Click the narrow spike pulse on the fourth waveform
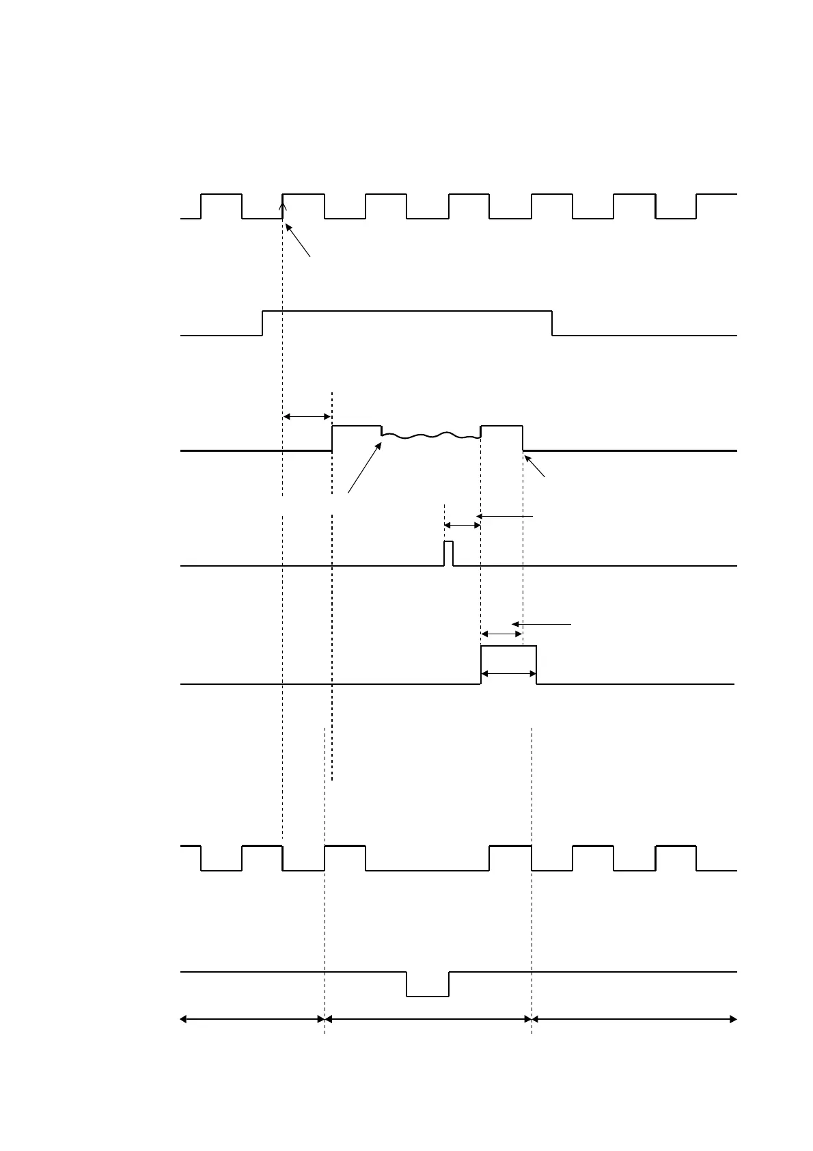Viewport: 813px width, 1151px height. click(x=448, y=553)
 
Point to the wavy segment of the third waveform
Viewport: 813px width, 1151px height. click(x=430, y=435)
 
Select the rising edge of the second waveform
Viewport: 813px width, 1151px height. click(x=263, y=323)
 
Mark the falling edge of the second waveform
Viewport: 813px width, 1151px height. click(x=552, y=323)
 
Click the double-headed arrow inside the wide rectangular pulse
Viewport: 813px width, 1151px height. click(x=508, y=674)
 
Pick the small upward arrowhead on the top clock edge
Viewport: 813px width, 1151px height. click(x=283, y=200)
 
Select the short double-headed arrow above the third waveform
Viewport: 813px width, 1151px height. click(x=307, y=416)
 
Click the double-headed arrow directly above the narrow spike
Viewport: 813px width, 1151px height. click(x=463, y=525)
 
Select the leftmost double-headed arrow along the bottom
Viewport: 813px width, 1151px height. click(x=252, y=1019)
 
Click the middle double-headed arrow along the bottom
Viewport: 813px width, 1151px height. click(x=428, y=1019)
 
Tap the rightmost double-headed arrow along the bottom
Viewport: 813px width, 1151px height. click(x=634, y=1019)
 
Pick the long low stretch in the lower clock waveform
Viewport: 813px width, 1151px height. click(x=427, y=870)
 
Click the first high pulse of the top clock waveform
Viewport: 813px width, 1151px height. click(x=221, y=195)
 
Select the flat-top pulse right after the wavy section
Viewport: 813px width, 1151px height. click(x=501, y=426)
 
